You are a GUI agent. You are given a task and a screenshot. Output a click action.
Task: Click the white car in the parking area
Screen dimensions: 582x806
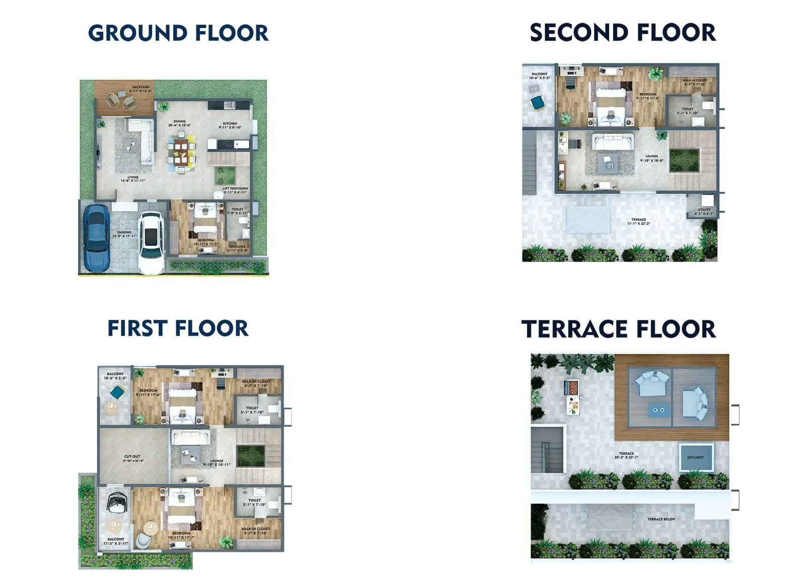click(x=151, y=242)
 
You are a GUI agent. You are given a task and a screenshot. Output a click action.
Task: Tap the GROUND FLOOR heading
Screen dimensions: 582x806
click(x=178, y=33)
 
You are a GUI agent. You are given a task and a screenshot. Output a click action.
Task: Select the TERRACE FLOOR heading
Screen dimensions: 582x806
click(x=619, y=329)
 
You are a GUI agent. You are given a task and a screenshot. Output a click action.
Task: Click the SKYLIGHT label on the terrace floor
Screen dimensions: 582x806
click(x=695, y=457)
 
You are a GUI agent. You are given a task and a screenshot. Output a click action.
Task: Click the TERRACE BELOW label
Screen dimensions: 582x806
click(x=661, y=519)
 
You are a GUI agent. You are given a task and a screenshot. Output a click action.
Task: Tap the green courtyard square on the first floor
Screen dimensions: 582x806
click(x=250, y=456)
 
